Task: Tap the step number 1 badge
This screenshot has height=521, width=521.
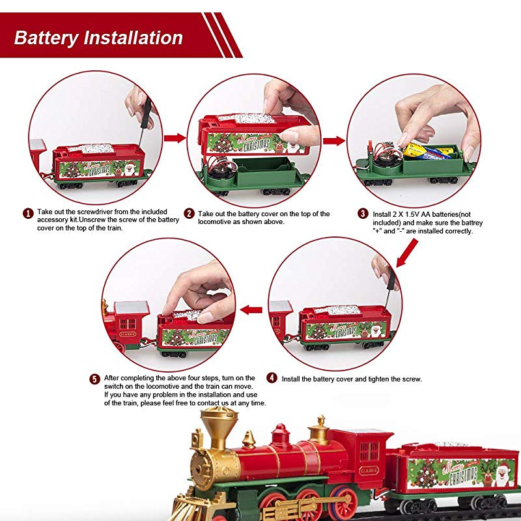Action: [x=28, y=213]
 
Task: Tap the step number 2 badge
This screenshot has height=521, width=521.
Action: [x=190, y=213]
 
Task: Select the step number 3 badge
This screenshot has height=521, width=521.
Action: [x=363, y=213]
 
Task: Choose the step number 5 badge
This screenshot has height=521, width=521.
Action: [x=95, y=378]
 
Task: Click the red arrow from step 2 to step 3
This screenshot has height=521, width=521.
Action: [x=334, y=141]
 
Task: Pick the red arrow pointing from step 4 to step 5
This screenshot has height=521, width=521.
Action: [x=251, y=309]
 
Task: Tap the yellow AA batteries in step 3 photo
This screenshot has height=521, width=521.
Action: [x=427, y=152]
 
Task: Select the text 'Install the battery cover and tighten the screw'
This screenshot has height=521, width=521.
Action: [x=352, y=378]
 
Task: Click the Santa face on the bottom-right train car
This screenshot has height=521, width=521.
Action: [x=502, y=473]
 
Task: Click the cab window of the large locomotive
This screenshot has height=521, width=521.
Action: [x=369, y=451]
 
